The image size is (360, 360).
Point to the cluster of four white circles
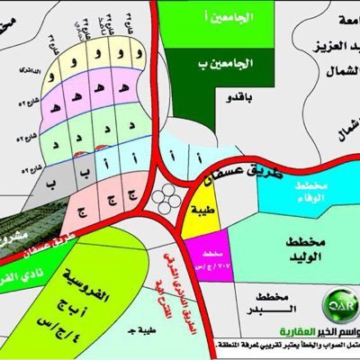click(x=166, y=197)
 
